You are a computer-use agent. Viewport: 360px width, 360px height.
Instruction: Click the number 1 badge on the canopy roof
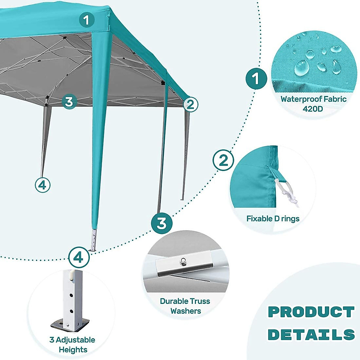point(87,20)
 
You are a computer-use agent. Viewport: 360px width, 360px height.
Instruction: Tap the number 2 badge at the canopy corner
point(191,105)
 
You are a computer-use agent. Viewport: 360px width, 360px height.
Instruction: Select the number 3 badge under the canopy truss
point(69,102)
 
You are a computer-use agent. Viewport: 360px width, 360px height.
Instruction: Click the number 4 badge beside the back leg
point(43,185)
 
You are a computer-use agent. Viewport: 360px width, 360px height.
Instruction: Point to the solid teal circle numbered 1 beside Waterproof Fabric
point(256,79)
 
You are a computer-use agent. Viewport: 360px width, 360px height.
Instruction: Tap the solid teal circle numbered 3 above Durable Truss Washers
point(162,223)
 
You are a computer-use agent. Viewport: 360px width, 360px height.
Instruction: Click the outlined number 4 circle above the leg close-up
point(79,257)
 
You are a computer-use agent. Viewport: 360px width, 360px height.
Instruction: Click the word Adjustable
point(75,340)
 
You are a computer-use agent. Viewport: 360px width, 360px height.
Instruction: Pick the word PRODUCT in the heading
point(311,312)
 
